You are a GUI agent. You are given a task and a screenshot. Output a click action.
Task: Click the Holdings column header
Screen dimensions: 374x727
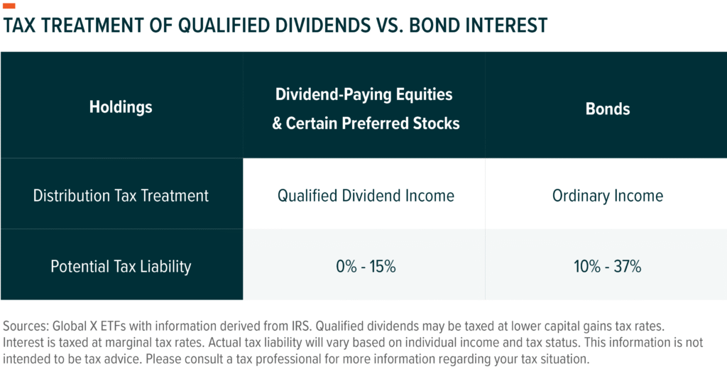pyautogui.click(x=121, y=108)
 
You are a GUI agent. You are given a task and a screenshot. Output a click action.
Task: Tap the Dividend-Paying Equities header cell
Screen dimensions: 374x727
pyautogui.click(x=363, y=108)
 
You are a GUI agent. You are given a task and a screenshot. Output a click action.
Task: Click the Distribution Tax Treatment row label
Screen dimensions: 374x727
pyautogui.click(x=121, y=196)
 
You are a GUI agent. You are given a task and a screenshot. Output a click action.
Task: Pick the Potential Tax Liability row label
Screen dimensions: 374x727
pyautogui.click(x=121, y=267)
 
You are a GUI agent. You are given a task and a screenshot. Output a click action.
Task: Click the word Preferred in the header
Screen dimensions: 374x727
pyautogui.click(x=382, y=123)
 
